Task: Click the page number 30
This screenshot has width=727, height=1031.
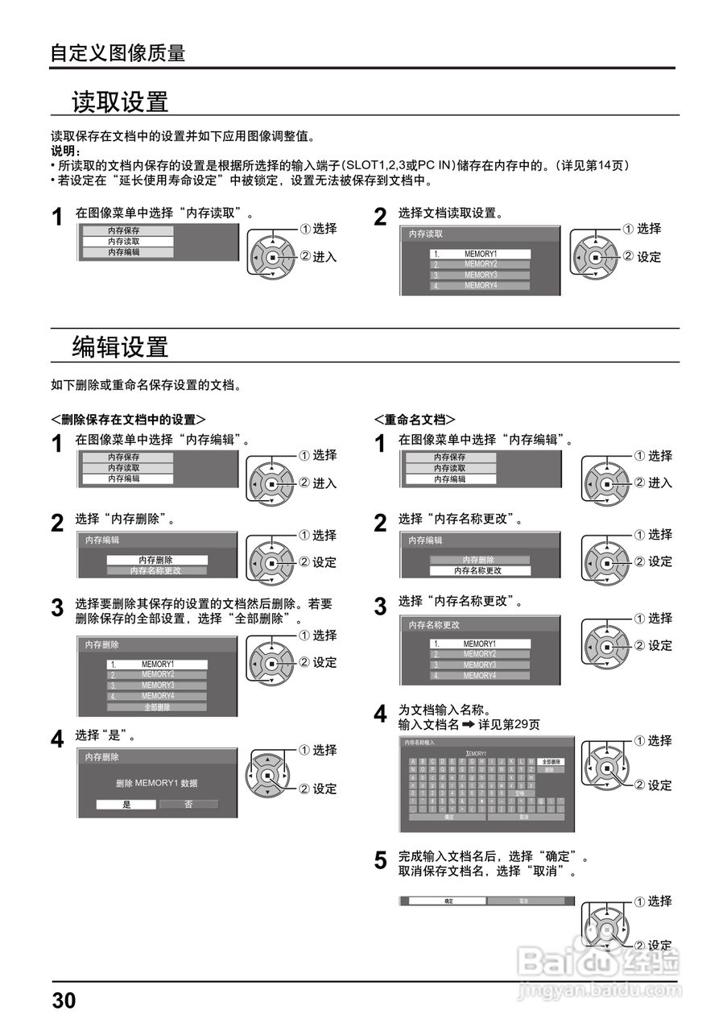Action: pos(64,1001)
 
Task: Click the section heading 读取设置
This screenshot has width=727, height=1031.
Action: pos(120,102)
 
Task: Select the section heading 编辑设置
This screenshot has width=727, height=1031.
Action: pos(120,347)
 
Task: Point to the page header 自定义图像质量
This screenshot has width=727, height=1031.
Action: pos(118,53)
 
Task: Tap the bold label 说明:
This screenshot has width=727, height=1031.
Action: pos(65,151)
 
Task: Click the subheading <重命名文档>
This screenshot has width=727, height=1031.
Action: pos(415,420)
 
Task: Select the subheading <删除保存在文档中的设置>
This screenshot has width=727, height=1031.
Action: pos(128,420)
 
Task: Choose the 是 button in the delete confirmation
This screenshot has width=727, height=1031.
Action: pos(126,804)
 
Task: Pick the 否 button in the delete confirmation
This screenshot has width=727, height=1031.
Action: pos(188,804)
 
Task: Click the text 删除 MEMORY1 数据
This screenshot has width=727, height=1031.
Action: pos(157,783)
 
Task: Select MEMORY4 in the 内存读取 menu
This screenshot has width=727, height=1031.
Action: pos(481,285)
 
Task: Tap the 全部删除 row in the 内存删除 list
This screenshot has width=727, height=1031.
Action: pos(157,707)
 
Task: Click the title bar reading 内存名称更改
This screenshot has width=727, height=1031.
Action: pos(434,625)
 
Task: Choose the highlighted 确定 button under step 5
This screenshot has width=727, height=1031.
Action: pos(448,901)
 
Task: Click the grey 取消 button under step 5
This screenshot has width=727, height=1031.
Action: pos(523,901)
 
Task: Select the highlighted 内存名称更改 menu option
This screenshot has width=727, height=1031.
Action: pos(480,570)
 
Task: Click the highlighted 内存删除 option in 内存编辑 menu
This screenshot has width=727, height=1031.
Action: pos(156,560)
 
